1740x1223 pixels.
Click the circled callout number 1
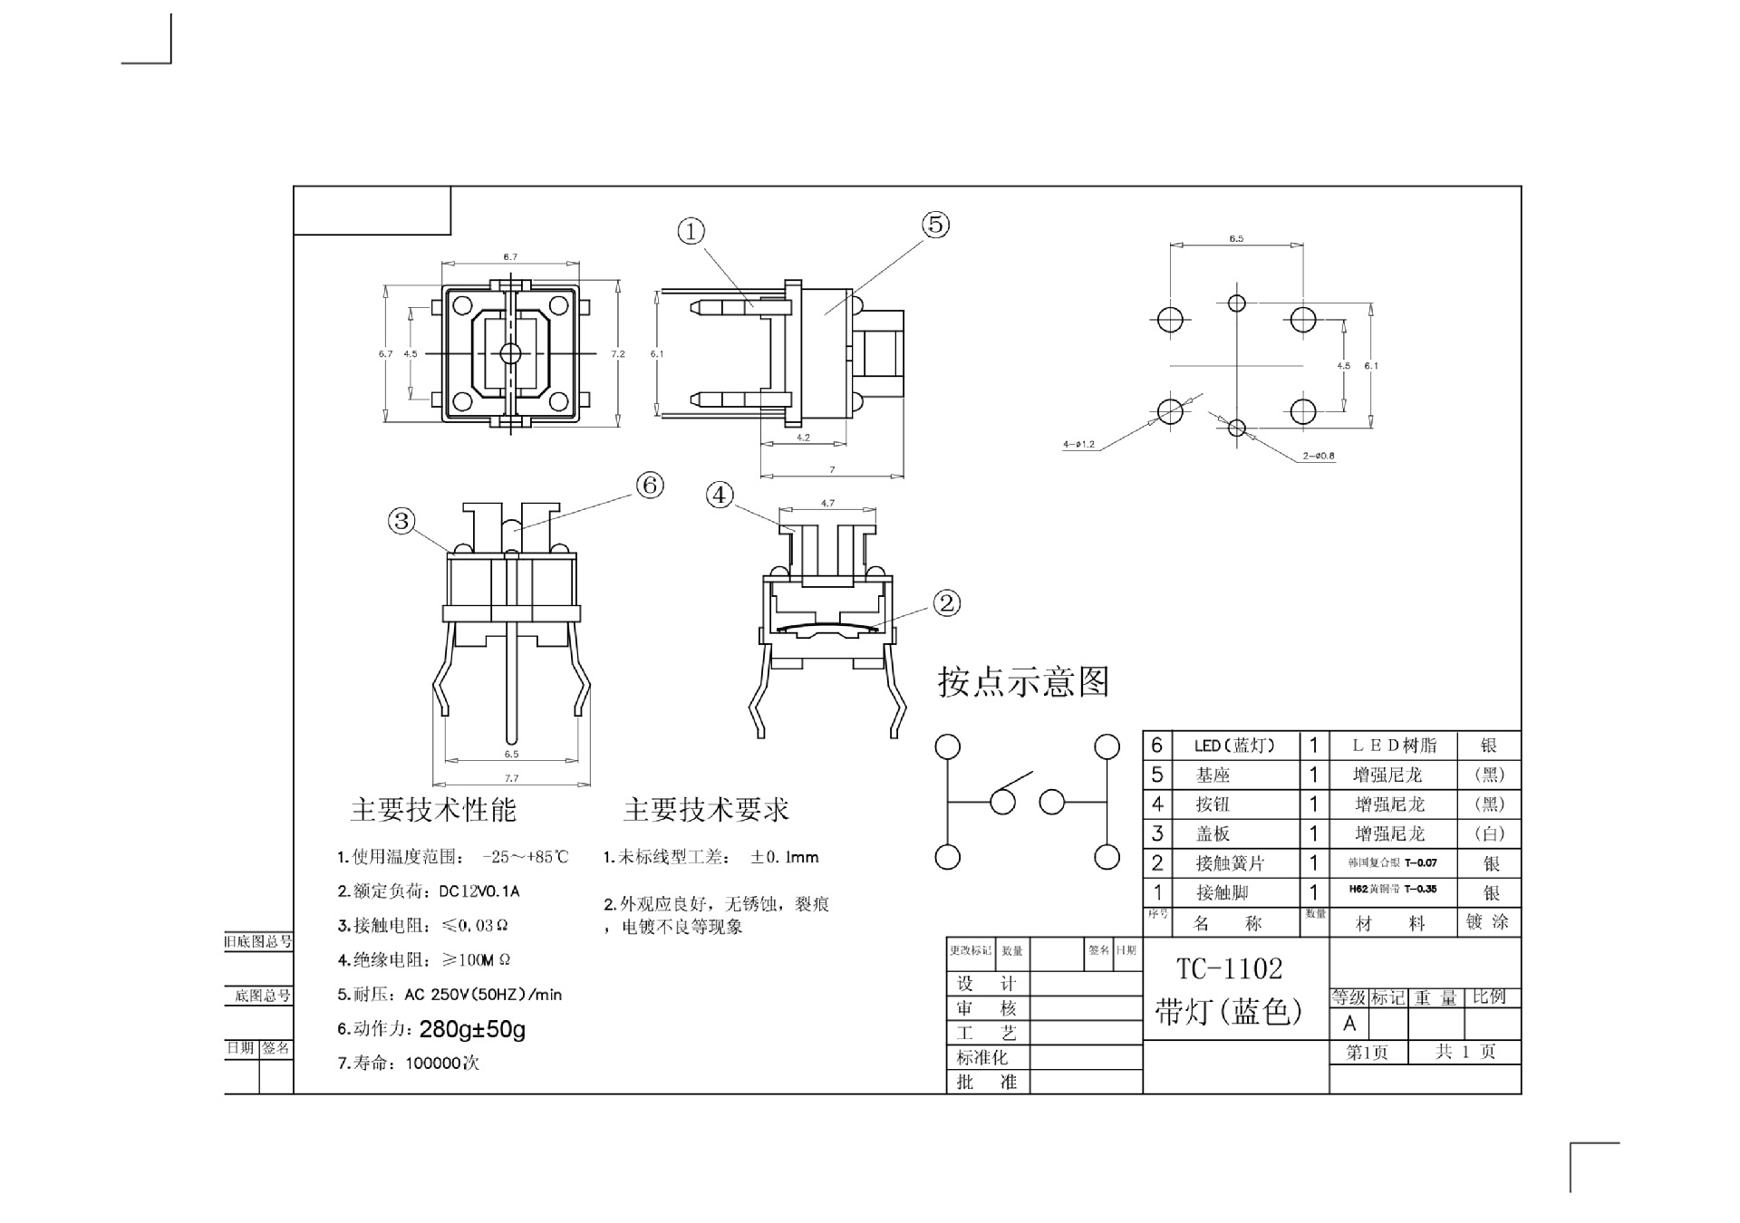(691, 232)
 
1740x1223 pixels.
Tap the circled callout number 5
(935, 225)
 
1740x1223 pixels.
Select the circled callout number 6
(650, 486)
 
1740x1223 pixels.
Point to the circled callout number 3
(401, 521)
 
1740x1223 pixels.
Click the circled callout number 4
(720, 496)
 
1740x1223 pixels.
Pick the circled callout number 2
(946, 603)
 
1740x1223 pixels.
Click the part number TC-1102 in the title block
(1229, 969)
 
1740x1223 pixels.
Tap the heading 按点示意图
(1023, 682)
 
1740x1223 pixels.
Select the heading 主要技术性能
(433, 810)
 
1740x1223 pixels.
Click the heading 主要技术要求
(706, 810)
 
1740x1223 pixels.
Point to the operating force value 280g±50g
(472, 1029)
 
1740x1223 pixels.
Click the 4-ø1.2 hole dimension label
(1078, 445)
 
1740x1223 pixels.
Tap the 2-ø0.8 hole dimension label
(1319, 456)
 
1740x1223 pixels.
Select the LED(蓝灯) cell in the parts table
(1233, 746)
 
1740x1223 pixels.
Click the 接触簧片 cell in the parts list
(1229, 863)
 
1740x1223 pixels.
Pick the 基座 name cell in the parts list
(1213, 775)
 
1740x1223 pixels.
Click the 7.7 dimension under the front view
(511, 778)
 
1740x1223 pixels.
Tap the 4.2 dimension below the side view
(803, 438)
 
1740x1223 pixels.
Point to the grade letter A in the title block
(1349, 1024)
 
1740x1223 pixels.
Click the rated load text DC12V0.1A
(478, 891)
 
